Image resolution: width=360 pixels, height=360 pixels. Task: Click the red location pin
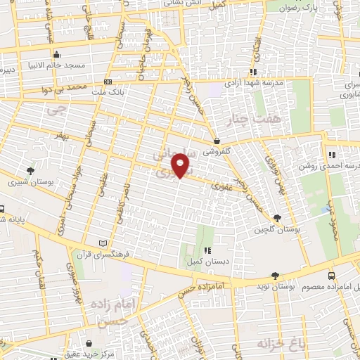point(181,166)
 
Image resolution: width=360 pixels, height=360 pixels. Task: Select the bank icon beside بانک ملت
point(107,82)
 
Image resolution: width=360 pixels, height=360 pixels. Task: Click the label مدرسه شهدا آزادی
point(254,82)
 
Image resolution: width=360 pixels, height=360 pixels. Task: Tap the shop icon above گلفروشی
point(218,141)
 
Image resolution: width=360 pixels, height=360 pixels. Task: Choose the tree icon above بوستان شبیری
point(30,171)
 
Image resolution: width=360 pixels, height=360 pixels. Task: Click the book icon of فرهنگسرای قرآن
point(104,243)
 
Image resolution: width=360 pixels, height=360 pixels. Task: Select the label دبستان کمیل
point(206,261)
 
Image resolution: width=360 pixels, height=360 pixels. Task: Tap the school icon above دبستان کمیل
point(206,250)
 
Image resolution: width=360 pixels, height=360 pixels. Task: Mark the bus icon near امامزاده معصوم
point(331,277)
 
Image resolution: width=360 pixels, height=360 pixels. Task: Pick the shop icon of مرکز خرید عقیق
point(90,342)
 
